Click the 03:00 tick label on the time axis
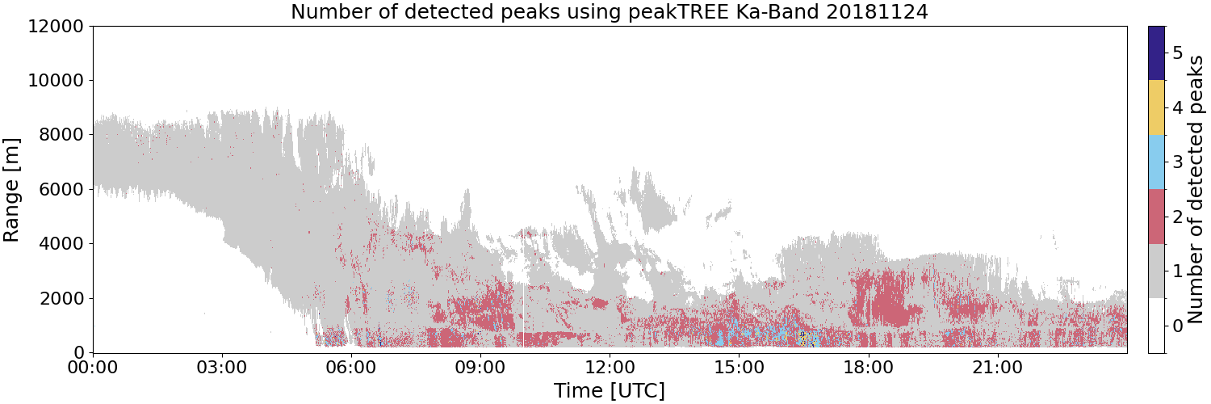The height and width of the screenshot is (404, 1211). click(x=222, y=368)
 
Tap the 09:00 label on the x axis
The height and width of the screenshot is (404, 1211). click(x=480, y=368)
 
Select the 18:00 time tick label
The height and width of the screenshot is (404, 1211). click(x=868, y=368)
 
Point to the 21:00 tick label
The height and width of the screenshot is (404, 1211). click(x=997, y=368)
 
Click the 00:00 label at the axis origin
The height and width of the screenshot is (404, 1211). click(x=93, y=368)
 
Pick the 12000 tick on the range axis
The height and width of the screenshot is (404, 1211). click(x=56, y=26)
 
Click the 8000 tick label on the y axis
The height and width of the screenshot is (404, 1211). click(x=61, y=135)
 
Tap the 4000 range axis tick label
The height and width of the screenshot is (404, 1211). click(x=61, y=244)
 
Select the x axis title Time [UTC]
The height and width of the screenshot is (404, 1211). click(x=610, y=390)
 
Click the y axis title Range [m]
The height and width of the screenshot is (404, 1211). click(x=10, y=190)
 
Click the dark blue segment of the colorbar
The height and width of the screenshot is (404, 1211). click(x=1156, y=53)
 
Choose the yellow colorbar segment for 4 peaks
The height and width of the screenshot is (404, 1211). click(x=1156, y=107)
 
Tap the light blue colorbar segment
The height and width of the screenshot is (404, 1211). click(x=1156, y=162)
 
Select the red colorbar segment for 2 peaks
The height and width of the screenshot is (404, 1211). click(x=1156, y=217)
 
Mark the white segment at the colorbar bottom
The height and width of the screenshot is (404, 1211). click(x=1156, y=326)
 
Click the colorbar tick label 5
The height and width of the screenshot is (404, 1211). click(x=1177, y=53)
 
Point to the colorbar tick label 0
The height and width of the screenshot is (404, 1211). click(x=1177, y=326)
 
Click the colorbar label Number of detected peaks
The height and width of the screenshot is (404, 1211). click(x=1196, y=189)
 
